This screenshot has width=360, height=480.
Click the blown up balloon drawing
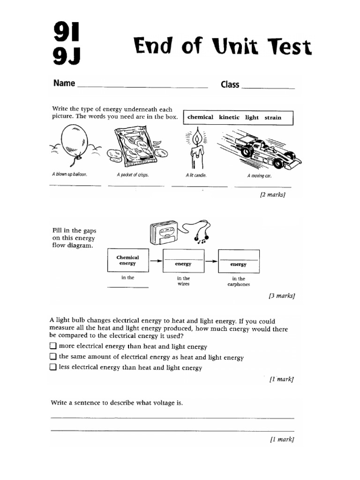coord(74,140)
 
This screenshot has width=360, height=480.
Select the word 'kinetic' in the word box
coord(229,117)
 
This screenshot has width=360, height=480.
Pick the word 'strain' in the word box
coord(273,117)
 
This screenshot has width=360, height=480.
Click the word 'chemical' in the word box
coord(200,117)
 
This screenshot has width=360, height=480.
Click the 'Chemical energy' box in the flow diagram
coord(128,261)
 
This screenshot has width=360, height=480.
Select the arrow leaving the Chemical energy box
coord(155,261)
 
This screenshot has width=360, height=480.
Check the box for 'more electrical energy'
coord(53,346)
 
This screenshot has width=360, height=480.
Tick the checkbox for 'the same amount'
coord(53,357)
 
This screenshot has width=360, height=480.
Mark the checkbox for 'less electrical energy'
coord(53,367)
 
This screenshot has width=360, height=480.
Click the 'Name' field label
coord(64,83)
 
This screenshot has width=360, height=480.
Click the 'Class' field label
coord(230,85)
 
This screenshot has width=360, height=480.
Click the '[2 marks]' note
coord(272,195)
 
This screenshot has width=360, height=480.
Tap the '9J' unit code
coord(66,56)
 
